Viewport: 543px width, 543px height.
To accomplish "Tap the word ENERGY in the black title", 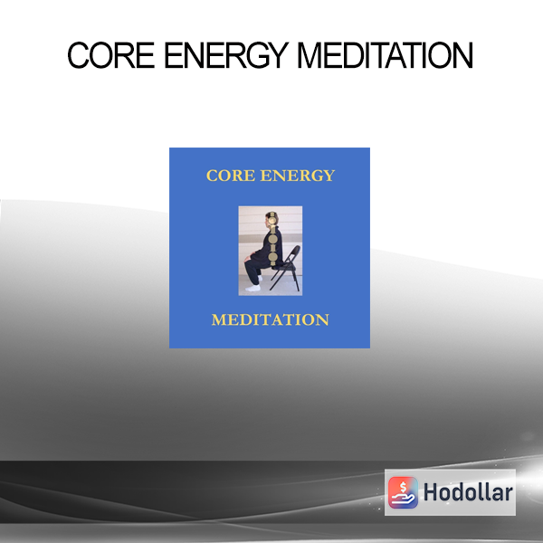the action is click(226, 55).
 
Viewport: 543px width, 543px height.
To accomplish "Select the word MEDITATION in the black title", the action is click(385, 55).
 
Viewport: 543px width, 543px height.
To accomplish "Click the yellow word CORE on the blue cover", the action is click(231, 176).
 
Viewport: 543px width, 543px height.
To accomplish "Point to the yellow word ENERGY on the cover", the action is click(298, 176).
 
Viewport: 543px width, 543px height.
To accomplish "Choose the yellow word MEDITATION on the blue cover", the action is click(270, 319).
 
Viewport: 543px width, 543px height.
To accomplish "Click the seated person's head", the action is click(271, 220).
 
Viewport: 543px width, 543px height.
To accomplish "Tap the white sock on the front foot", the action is click(252, 288).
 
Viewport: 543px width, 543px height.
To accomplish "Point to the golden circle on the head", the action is click(272, 220).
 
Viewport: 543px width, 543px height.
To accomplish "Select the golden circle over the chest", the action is click(273, 239).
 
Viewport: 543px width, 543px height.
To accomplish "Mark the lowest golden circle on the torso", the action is click(273, 257).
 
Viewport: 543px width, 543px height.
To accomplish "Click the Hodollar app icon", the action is click(403, 492).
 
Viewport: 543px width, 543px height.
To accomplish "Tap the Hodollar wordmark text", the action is click(468, 492).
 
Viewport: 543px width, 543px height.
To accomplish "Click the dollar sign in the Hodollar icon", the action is click(403, 487).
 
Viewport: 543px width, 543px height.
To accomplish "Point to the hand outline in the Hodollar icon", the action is click(403, 499).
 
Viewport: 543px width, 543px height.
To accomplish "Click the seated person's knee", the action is click(248, 258).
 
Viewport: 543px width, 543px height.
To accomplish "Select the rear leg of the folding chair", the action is click(297, 280).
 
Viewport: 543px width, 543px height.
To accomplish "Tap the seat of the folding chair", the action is click(282, 267).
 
